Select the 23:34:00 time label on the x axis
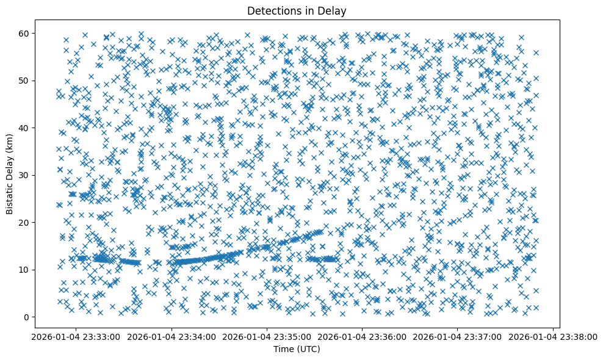coord(172,337)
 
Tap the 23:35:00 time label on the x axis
coord(267,337)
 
